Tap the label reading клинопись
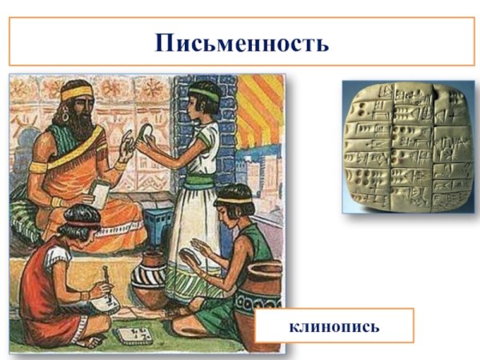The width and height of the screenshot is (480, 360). [334, 326]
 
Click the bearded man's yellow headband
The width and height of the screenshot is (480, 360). [78, 94]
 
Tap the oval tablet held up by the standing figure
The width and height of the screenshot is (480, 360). [148, 134]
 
